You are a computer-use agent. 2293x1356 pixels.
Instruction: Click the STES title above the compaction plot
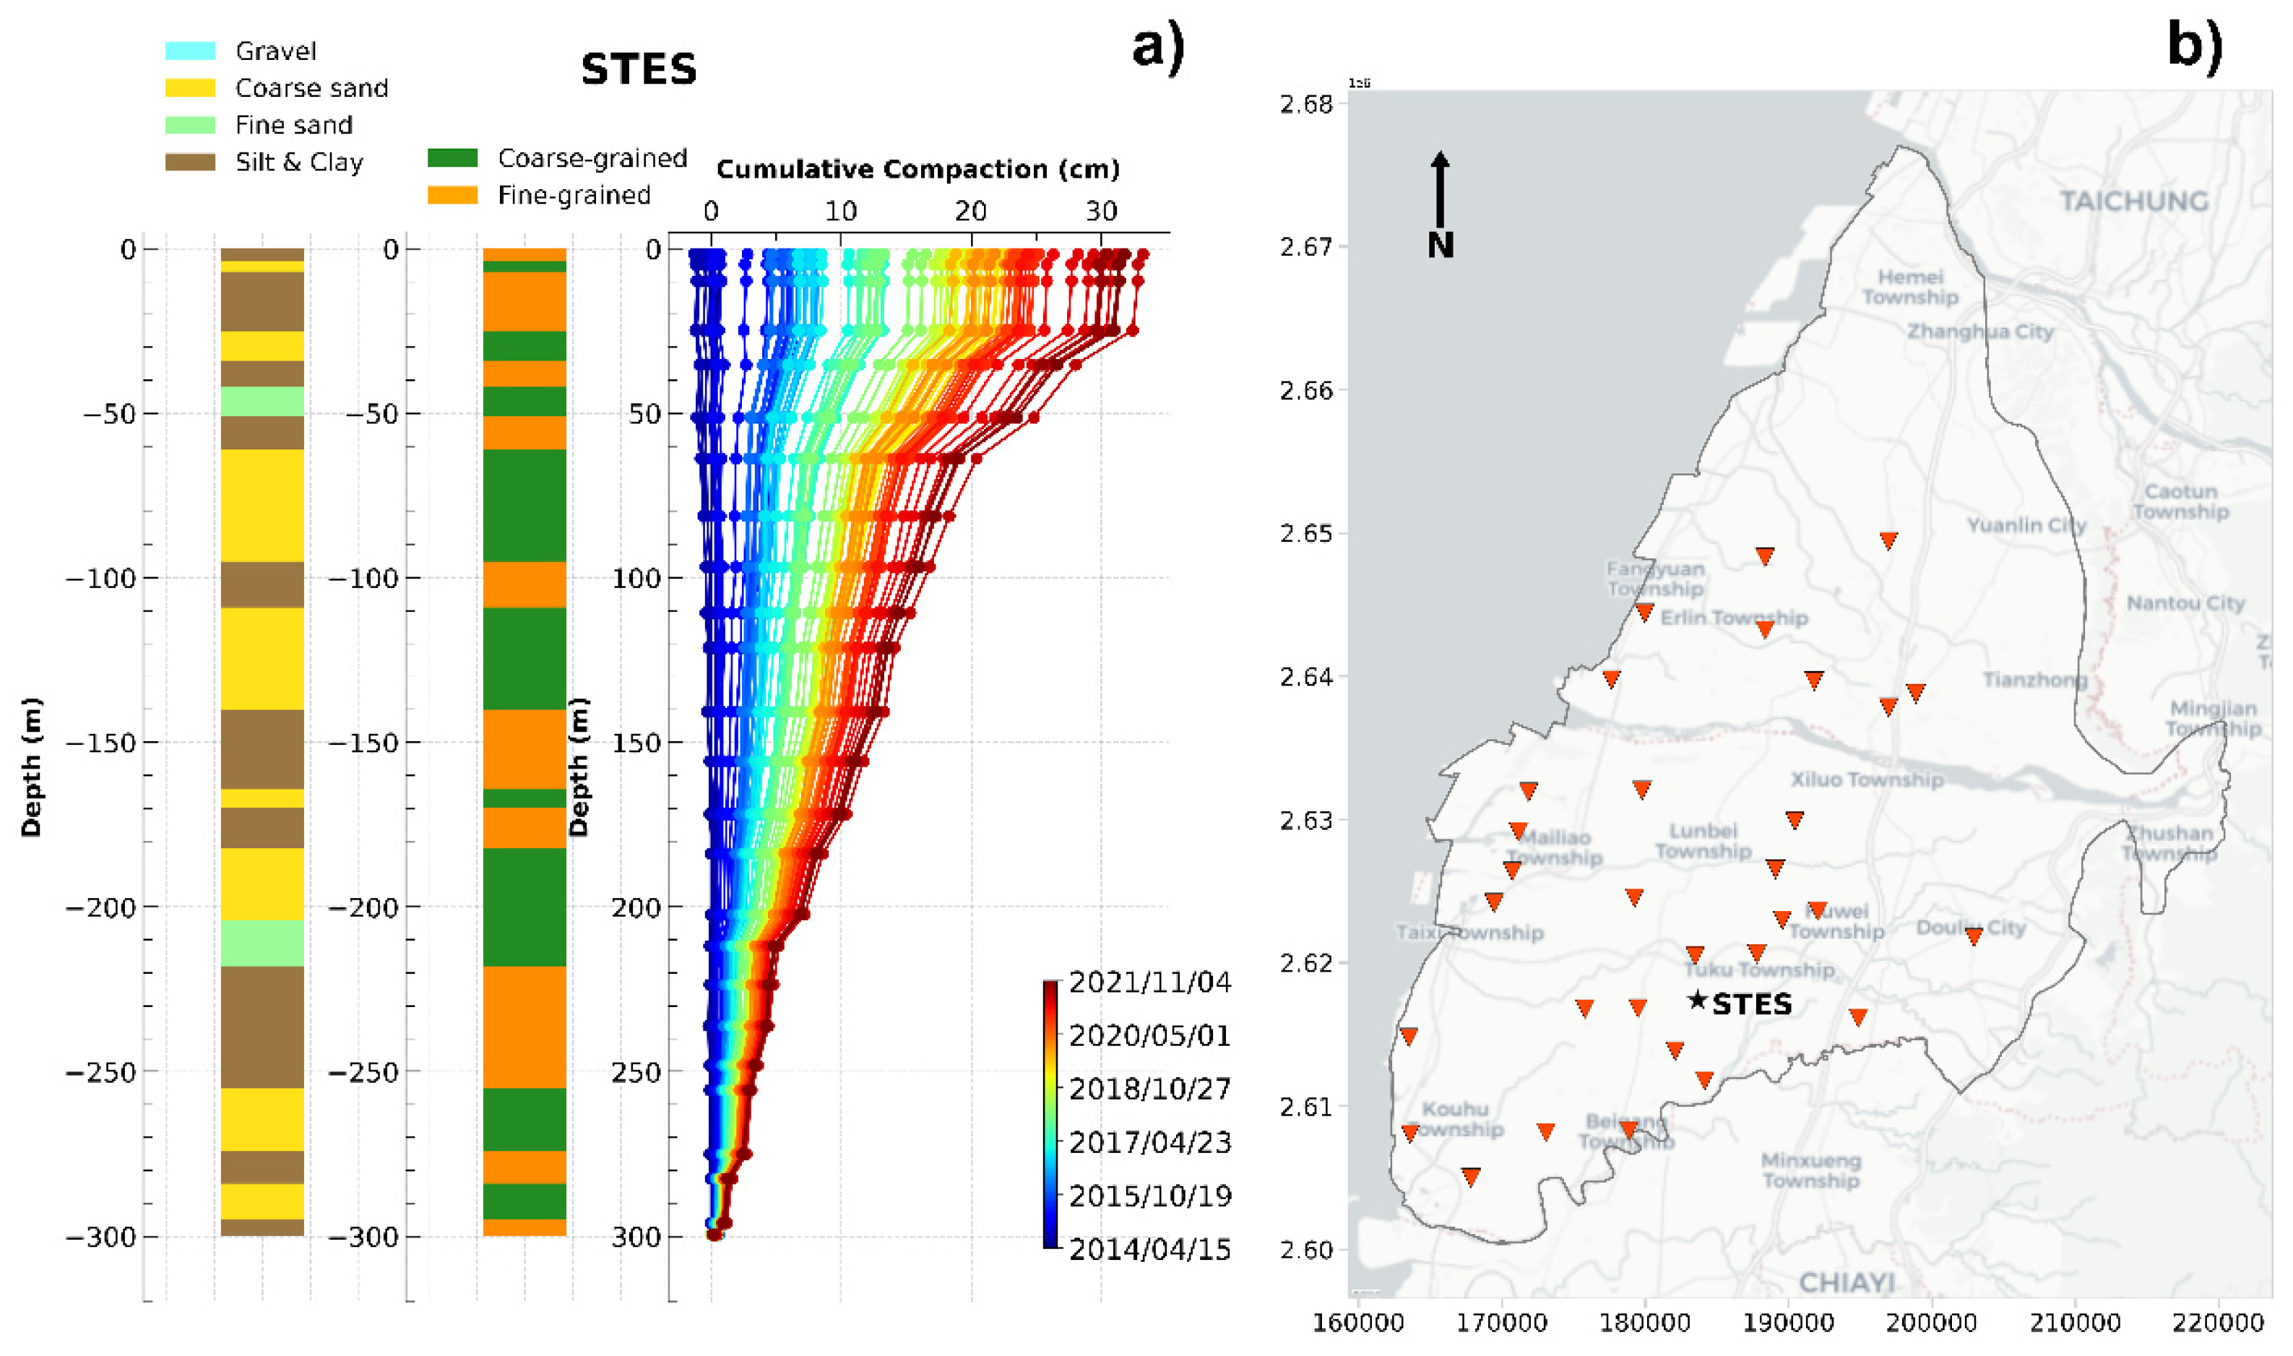pyautogui.click(x=639, y=69)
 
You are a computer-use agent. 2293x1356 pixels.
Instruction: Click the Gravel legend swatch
pyautogui.click(x=190, y=51)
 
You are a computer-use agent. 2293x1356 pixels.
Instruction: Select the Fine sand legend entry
pyautogui.click(x=293, y=125)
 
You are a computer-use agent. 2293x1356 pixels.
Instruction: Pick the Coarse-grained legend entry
pyautogui.click(x=592, y=159)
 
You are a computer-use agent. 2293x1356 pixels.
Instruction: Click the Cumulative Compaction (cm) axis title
pyautogui.click(x=917, y=170)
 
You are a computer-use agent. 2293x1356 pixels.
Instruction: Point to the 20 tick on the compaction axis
pyautogui.click(x=970, y=212)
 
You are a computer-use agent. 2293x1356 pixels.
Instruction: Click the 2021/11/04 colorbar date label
pyautogui.click(x=1149, y=983)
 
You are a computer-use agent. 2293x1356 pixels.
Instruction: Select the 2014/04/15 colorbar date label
pyautogui.click(x=1149, y=1250)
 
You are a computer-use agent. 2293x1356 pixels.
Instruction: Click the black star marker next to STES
pyautogui.click(x=1696, y=1001)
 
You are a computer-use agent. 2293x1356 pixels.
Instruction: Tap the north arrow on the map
pyautogui.click(x=1440, y=192)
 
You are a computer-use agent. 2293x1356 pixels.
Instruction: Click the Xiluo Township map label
pyautogui.click(x=1865, y=780)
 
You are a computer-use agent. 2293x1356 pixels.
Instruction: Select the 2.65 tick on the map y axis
pyautogui.click(x=1306, y=534)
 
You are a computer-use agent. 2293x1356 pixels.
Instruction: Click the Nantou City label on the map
pyautogui.click(x=2185, y=604)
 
